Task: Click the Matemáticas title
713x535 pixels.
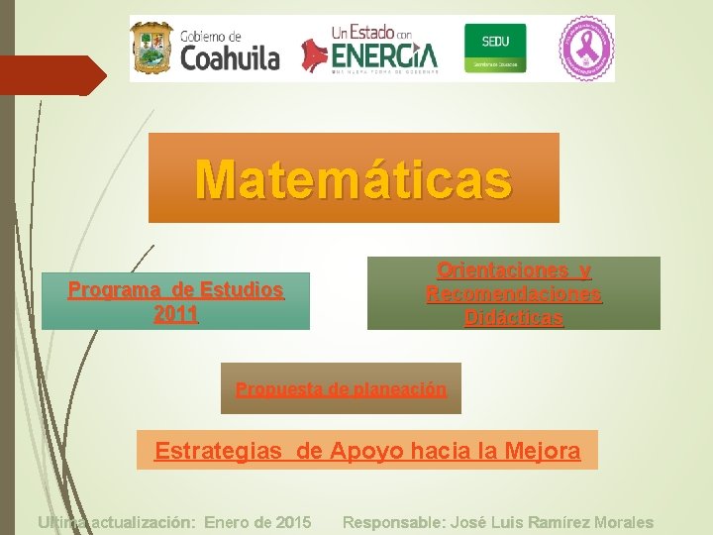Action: click(354, 179)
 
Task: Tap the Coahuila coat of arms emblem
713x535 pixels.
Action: click(153, 48)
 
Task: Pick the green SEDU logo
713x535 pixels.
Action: click(495, 48)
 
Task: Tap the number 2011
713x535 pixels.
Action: click(176, 315)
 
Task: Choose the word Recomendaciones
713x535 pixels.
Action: click(513, 294)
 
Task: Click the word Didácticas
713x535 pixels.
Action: click(513, 318)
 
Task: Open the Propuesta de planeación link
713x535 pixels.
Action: click(341, 389)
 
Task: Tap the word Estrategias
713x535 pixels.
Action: click(217, 452)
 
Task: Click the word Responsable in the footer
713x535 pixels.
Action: click(393, 522)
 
